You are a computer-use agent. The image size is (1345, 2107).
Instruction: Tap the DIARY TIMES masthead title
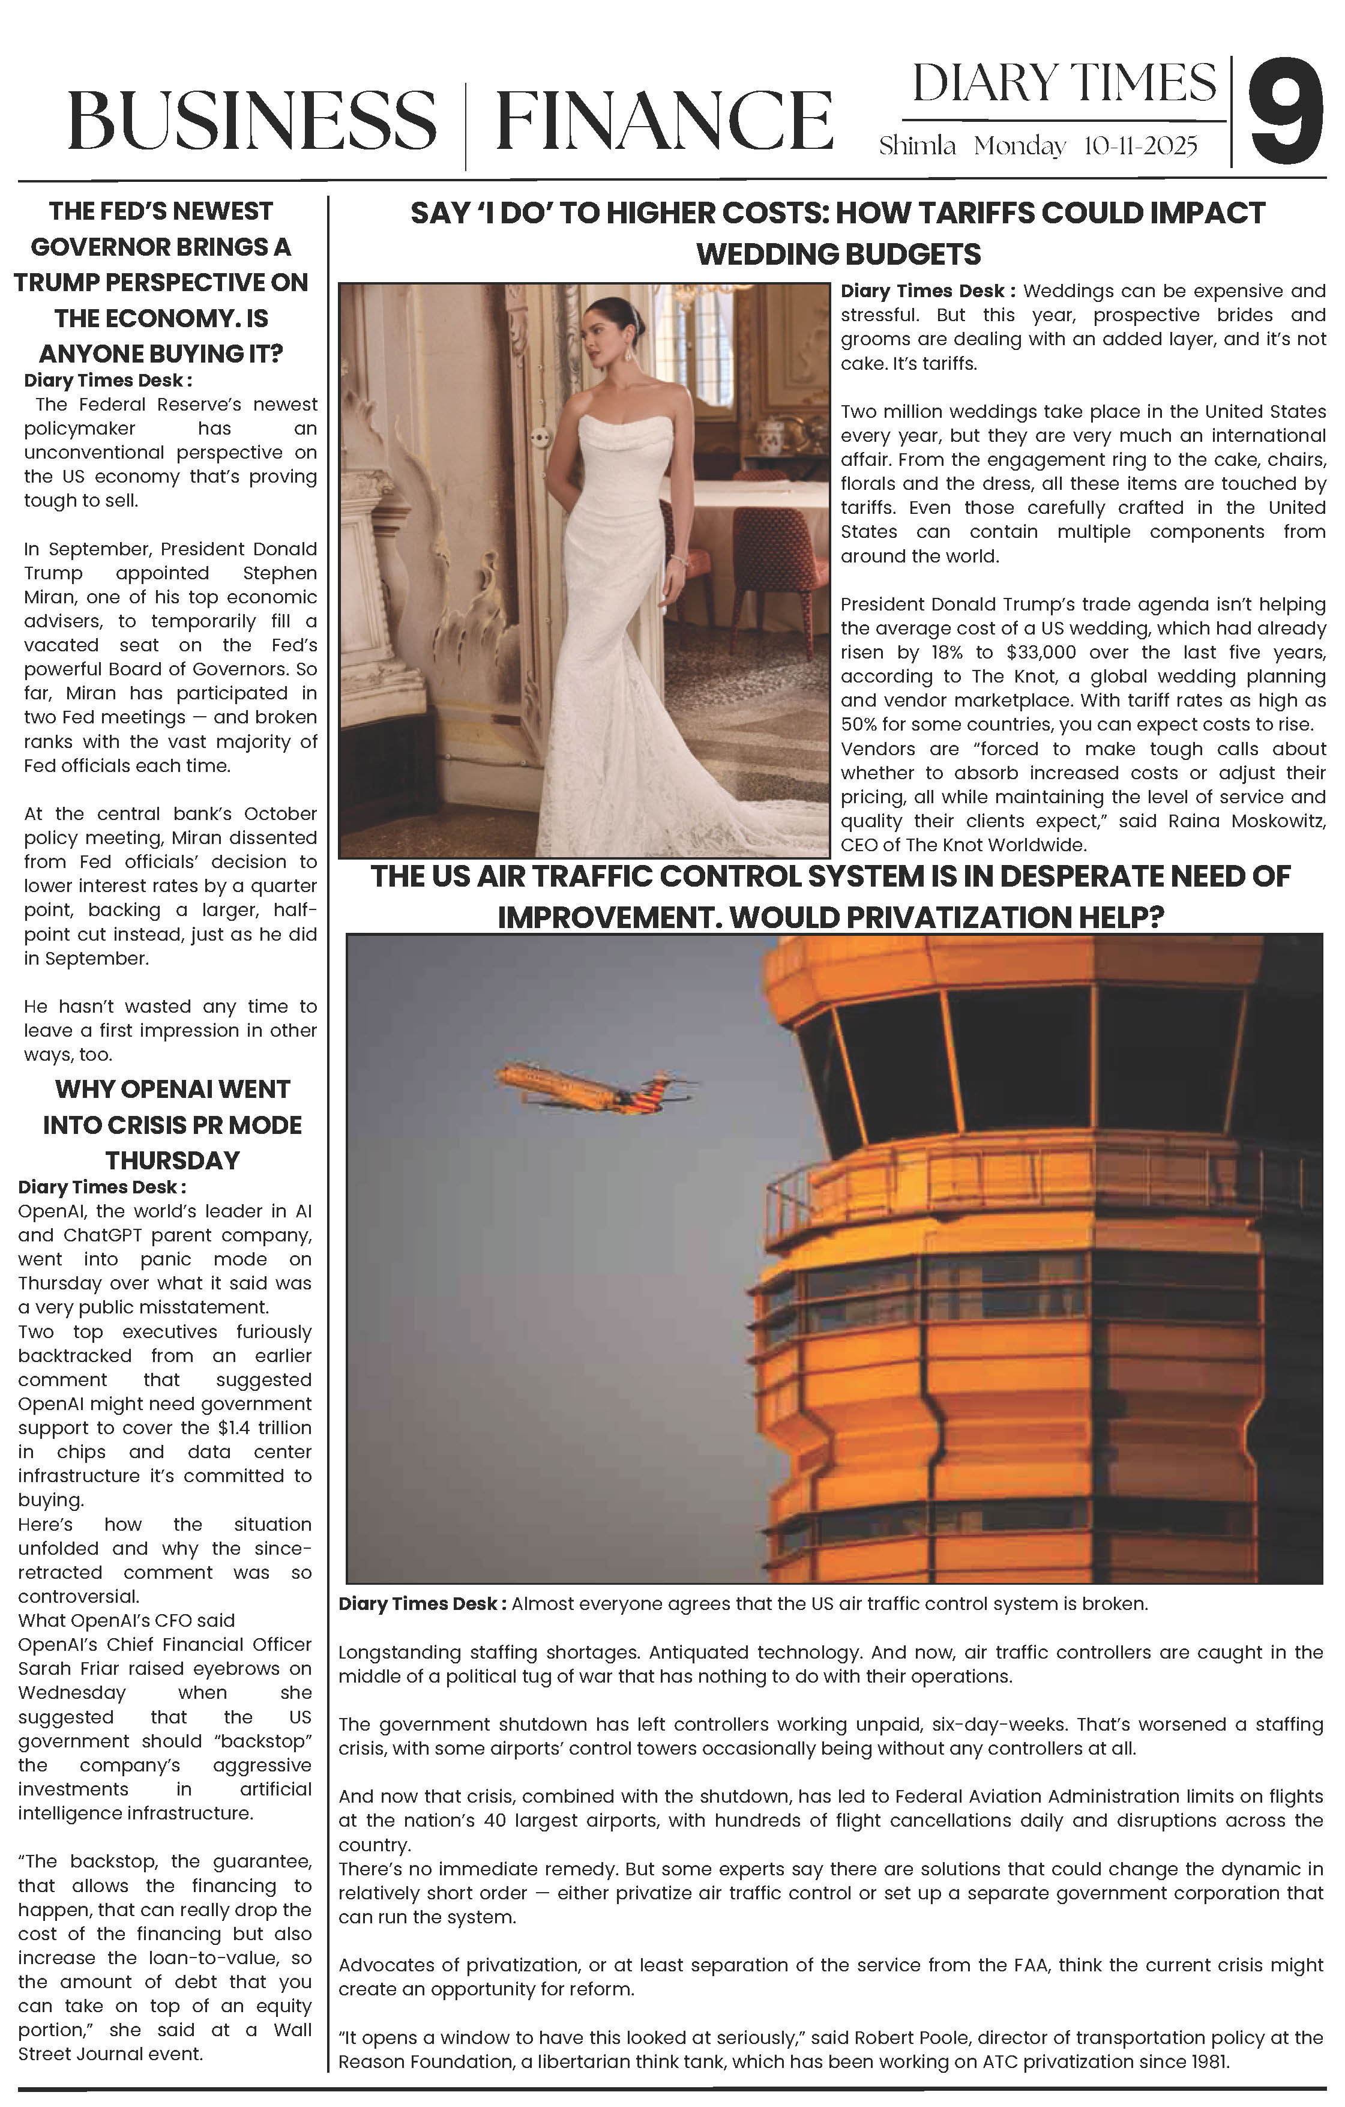point(1064,84)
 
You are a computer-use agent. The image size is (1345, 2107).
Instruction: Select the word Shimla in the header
point(917,146)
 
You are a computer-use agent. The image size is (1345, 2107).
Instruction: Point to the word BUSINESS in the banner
point(252,122)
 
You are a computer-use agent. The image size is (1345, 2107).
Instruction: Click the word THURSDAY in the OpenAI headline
point(172,1160)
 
